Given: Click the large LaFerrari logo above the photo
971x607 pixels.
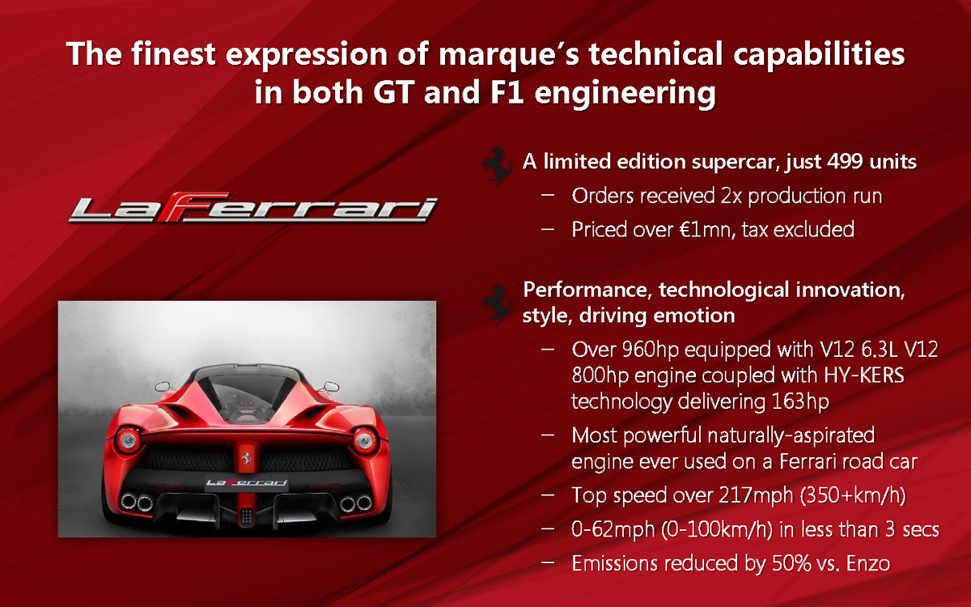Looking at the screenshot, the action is (253, 208).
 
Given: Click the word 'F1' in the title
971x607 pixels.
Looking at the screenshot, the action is (507, 92).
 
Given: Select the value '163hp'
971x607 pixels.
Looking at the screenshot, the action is (800, 401).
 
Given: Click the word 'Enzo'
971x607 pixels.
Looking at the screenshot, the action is (867, 563).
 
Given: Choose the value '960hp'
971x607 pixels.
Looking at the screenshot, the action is (651, 350).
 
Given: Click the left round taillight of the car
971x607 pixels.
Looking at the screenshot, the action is (129, 439).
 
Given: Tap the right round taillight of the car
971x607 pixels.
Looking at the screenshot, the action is (365, 439).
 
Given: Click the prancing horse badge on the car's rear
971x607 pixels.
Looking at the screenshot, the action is (247, 457).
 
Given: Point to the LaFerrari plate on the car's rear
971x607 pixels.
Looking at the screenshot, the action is (246, 482).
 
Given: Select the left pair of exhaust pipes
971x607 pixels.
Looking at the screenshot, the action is (137, 503).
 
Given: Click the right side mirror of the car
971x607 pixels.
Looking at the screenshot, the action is (331, 386).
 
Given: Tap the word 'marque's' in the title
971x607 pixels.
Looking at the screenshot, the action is (508, 54).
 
